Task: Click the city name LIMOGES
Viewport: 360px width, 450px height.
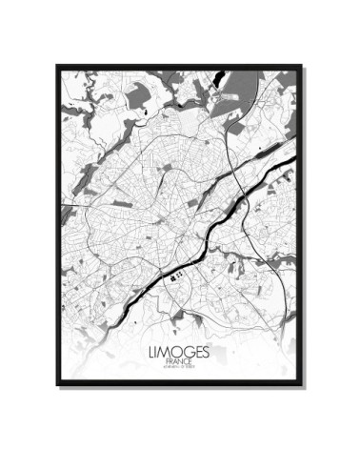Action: pos(179,352)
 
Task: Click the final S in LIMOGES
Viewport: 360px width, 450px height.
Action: pos(206,352)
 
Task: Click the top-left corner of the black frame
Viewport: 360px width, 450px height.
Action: pos(57,66)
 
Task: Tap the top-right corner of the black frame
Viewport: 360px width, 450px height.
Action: pos(303,66)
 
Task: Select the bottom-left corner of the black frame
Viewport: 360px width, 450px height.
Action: pos(57,385)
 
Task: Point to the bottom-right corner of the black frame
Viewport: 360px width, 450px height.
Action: pos(303,385)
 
